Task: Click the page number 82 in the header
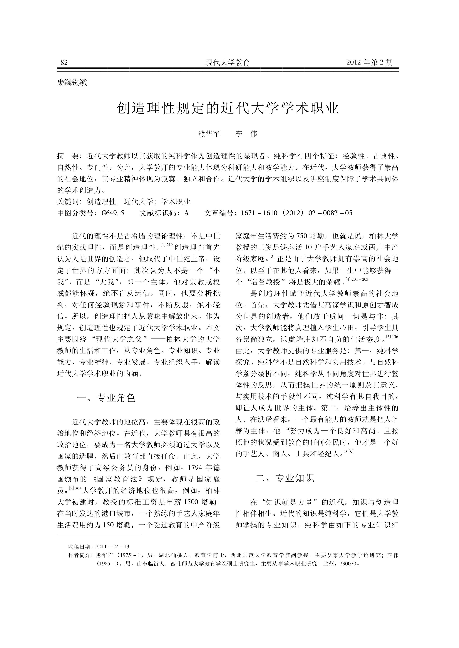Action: click(x=64, y=62)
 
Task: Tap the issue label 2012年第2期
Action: click(x=369, y=62)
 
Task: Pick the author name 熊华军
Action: click(x=209, y=134)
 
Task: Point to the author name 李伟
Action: click(x=246, y=134)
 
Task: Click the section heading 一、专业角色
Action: click(x=106, y=398)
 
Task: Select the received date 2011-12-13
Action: click(x=113, y=554)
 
